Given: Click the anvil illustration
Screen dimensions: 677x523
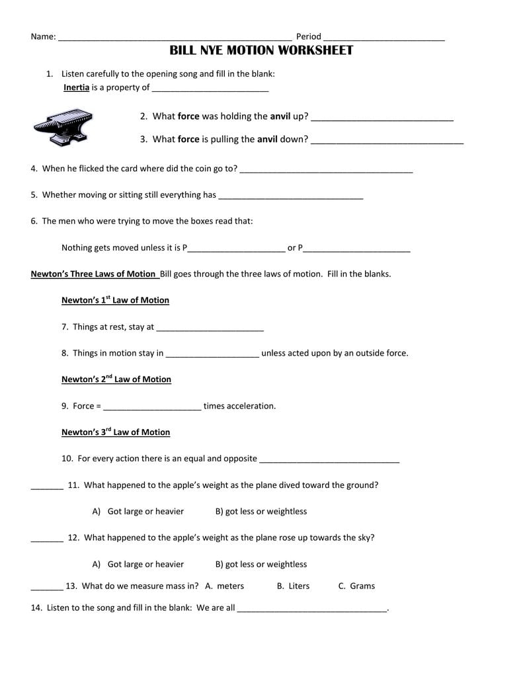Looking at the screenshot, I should click(63, 126).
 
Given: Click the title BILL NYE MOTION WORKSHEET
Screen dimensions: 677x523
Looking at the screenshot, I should click(261, 51).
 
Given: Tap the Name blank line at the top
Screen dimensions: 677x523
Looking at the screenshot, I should click(175, 38).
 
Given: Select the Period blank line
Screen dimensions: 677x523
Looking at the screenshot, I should click(384, 38).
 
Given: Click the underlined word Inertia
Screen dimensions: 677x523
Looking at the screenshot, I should click(76, 87).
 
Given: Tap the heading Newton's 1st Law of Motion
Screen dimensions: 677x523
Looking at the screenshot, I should click(115, 300).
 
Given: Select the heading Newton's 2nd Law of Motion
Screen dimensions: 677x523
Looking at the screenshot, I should click(116, 379).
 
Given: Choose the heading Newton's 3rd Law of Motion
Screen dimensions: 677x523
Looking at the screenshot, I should click(116, 432).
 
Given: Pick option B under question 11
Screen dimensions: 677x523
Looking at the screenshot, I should click(261, 511).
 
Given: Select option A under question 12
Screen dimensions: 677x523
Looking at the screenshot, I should click(138, 564).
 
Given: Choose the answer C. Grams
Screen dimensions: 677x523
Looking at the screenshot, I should click(356, 586).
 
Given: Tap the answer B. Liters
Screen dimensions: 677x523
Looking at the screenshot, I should click(293, 586).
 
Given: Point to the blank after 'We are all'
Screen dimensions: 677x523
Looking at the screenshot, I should click(311, 610).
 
